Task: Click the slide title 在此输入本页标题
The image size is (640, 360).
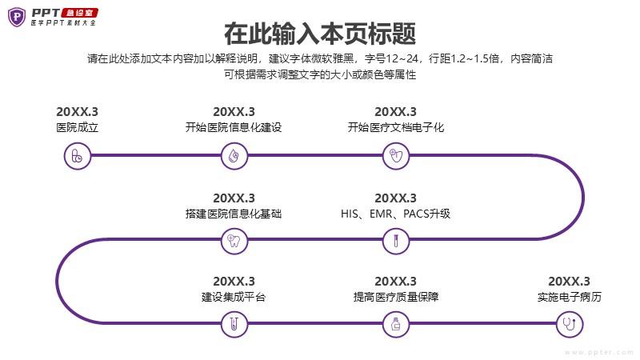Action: click(320, 34)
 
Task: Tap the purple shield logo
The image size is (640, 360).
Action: click(17, 17)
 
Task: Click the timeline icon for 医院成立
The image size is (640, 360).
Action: click(77, 156)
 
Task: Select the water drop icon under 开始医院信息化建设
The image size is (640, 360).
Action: click(234, 156)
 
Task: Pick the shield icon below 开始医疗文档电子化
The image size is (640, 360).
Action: click(396, 156)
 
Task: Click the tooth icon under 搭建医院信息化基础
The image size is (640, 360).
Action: click(234, 241)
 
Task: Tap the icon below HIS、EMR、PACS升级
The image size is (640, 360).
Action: click(396, 241)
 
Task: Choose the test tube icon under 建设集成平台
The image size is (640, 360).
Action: click(234, 325)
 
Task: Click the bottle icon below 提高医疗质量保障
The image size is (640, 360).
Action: click(396, 325)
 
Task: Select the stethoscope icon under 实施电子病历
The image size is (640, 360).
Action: click(570, 325)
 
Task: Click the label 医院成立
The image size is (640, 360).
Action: click(77, 127)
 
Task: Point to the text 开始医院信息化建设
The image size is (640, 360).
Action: click(234, 127)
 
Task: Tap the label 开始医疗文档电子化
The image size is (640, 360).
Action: click(396, 127)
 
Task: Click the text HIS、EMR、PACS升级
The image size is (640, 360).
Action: click(395, 214)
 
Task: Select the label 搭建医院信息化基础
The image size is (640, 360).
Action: click(234, 214)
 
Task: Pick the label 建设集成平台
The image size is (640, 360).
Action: click(234, 297)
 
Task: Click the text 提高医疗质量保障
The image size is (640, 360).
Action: click(396, 297)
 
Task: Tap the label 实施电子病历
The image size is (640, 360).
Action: click(570, 297)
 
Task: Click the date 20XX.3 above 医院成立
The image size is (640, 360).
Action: click(77, 112)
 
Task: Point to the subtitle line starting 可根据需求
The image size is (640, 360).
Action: click(320, 74)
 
